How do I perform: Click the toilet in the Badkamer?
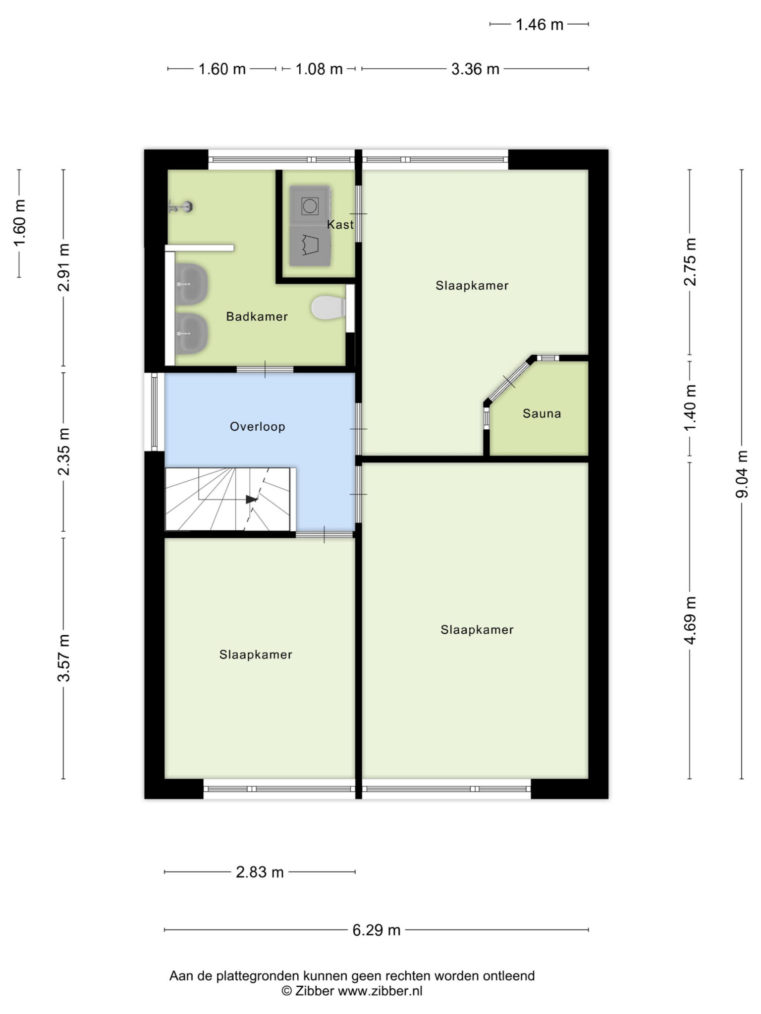(x=328, y=307)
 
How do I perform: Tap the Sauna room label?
(x=542, y=413)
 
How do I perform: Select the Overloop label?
(x=258, y=427)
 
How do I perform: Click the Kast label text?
(x=340, y=225)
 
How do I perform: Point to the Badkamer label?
(x=257, y=317)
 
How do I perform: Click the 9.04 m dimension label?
(x=742, y=474)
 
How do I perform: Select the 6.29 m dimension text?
(x=377, y=930)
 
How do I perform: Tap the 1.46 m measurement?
(x=540, y=25)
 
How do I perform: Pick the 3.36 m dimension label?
(x=475, y=69)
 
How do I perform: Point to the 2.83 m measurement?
(x=260, y=872)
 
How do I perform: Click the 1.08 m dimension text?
(x=319, y=69)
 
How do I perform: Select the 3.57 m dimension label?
(x=64, y=658)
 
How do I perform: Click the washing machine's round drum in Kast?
(x=310, y=205)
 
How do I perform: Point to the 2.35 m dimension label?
(x=64, y=452)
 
